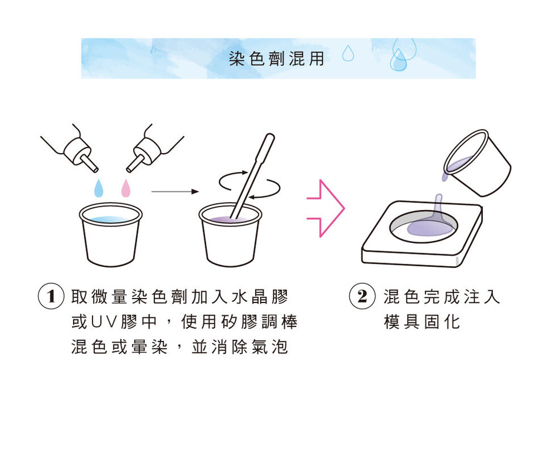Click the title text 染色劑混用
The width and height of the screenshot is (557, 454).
click(x=276, y=58)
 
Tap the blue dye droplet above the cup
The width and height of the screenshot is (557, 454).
click(x=99, y=188)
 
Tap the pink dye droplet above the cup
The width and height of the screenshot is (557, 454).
click(x=126, y=188)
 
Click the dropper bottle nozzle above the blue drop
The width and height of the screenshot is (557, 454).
click(x=89, y=163)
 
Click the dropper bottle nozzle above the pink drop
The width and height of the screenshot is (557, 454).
click(x=136, y=163)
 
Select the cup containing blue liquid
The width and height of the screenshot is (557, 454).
click(x=111, y=234)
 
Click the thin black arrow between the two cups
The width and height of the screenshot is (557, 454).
click(x=175, y=192)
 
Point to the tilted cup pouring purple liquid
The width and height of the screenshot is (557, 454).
click(x=478, y=163)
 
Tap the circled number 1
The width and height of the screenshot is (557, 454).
click(x=51, y=296)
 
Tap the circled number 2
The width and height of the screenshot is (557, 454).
click(x=362, y=296)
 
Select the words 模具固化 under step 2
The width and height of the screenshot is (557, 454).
click(x=422, y=322)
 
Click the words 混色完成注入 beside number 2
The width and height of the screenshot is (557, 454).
click(x=442, y=296)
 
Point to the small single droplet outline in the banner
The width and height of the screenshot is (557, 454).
click(x=348, y=53)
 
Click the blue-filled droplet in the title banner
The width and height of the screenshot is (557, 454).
click(x=398, y=60)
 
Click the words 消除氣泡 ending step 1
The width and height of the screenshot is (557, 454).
click(x=250, y=347)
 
